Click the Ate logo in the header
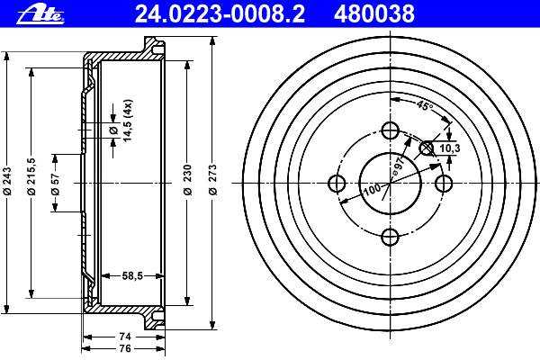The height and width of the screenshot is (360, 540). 40,14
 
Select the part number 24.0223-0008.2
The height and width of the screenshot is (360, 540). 220,14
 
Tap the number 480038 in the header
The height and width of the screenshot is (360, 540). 374,14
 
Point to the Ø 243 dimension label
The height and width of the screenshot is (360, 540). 7,181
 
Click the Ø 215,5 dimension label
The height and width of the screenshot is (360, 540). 31,176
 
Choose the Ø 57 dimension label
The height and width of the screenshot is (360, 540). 56,184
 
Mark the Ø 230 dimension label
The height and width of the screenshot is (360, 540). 188,180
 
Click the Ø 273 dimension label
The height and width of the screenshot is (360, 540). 213,180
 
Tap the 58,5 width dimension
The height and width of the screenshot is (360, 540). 132,275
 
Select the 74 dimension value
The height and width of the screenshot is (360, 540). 125,337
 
